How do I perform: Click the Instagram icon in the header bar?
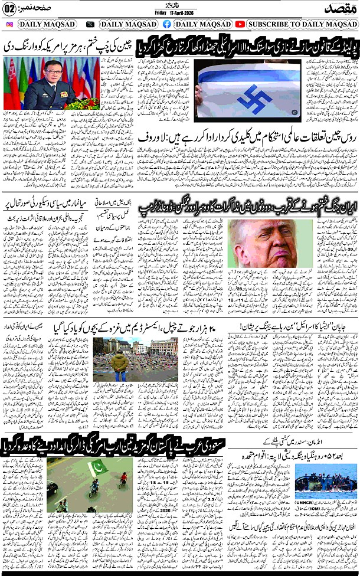9,24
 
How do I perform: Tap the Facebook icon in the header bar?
167,24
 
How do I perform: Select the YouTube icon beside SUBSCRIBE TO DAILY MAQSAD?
240,24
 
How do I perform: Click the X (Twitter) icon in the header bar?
90,24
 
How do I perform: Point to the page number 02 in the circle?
10,8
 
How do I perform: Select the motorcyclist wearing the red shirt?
123,478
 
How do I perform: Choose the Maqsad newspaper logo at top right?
341,8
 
